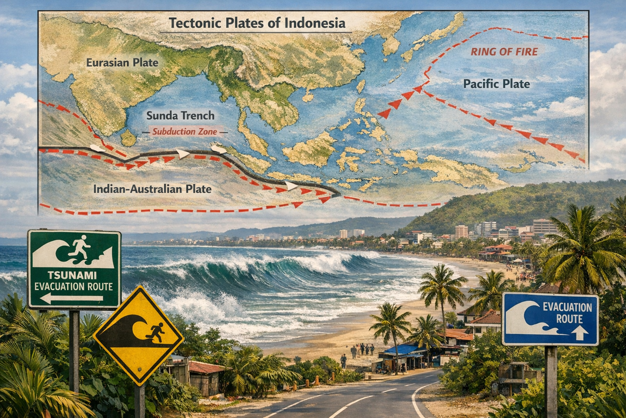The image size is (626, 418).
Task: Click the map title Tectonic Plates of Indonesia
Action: click(x=257, y=23)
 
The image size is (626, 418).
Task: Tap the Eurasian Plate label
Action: click(x=122, y=62)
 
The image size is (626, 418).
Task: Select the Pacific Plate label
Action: click(x=496, y=84)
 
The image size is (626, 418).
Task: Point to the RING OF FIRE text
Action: click(x=504, y=52)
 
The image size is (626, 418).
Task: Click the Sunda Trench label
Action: click(x=180, y=116)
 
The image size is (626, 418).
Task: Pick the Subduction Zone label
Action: click(x=184, y=131)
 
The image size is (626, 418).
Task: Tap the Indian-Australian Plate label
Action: click(x=152, y=189)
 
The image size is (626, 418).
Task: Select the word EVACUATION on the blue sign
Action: click(x=567, y=307)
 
